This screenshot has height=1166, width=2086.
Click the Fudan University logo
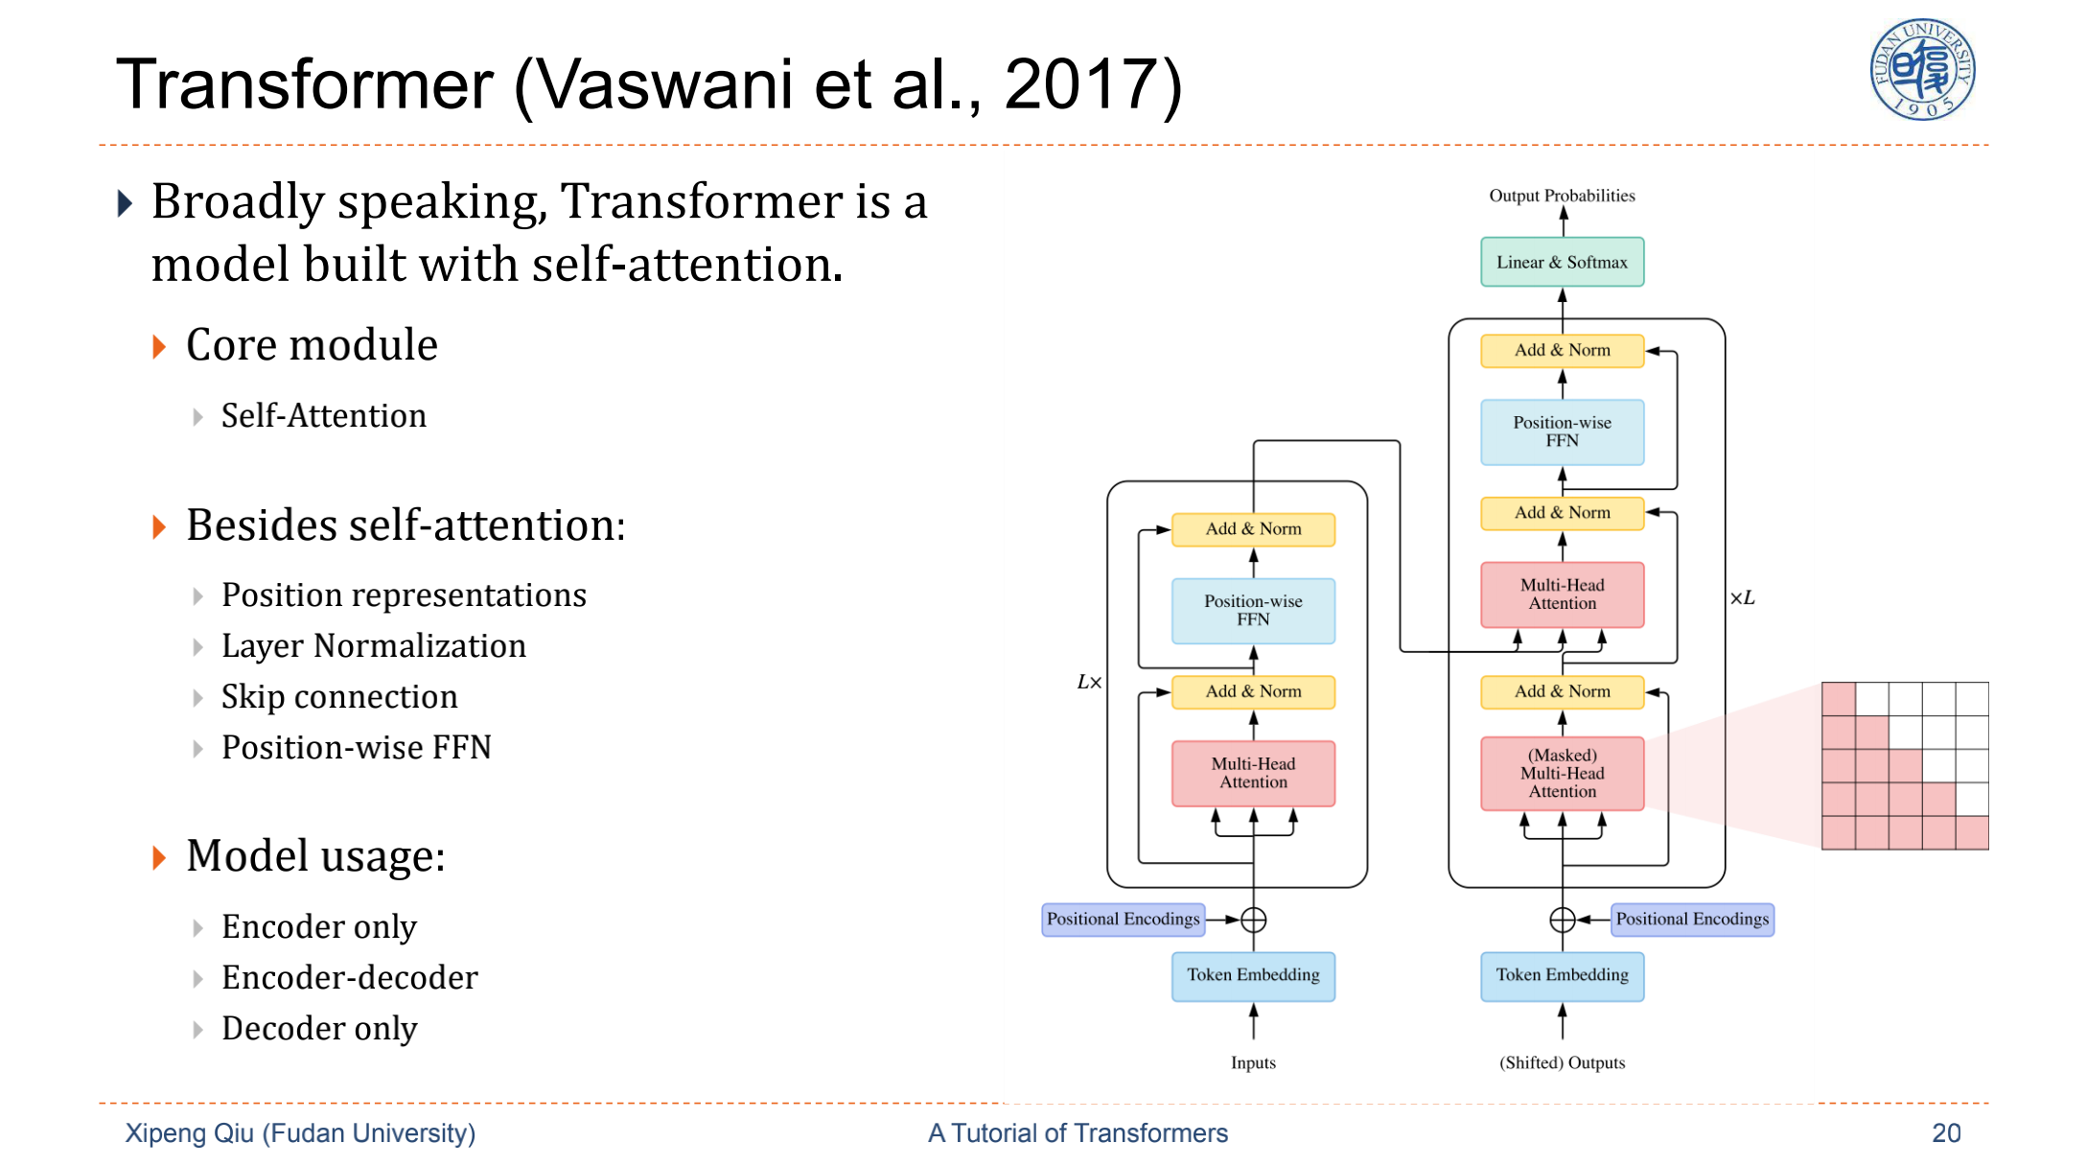1922,70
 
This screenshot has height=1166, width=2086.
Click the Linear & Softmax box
1562,262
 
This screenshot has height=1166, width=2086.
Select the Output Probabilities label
1562,196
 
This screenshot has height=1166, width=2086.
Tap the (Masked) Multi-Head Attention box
1562,773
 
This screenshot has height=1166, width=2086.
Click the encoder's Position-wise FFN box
1253,610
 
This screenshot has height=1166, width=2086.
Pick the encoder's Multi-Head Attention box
1253,773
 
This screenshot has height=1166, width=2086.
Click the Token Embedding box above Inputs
1253,975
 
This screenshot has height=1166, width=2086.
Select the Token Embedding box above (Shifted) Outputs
1562,975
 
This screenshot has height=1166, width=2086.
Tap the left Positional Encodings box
1123,919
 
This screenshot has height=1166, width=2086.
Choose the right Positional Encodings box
1692,919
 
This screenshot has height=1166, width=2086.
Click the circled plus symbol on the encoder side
1253,920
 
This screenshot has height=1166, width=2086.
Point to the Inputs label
1253,1062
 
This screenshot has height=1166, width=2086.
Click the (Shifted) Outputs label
1562,1062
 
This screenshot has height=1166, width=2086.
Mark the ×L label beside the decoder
1742,598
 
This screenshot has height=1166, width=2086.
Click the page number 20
1946,1133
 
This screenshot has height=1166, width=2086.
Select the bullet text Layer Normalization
374,646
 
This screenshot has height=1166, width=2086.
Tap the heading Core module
312,345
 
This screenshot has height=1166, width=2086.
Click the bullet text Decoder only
319,1029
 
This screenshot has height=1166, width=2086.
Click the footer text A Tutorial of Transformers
1078,1133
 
